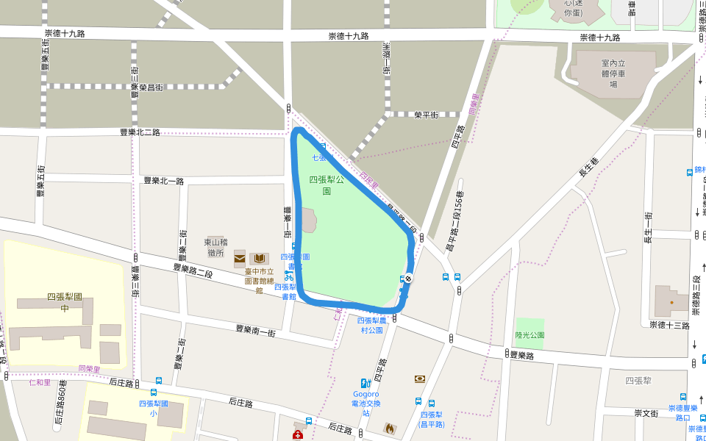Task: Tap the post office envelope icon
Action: click(x=240, y=258)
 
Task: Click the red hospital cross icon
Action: click(x=298, y=436)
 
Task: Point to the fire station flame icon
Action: click(x=390, y=427)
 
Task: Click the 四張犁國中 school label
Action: click(x=64, y=302)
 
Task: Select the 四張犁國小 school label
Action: click(x=154, y=408)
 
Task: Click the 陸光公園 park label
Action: click(x=529, y=334)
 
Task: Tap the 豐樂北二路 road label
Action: click(x=140, y=132)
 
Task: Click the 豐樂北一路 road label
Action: click(x=163, y=180)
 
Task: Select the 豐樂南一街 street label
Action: click(x=255, y=331)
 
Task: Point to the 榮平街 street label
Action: click(x=426, y=115)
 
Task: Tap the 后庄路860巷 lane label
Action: click(x=60, y=404)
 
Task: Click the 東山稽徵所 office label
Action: click(x=215, y=247)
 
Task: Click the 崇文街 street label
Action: click(x=646, y=413)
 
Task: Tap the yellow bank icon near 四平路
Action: click(x=420, y=379)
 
